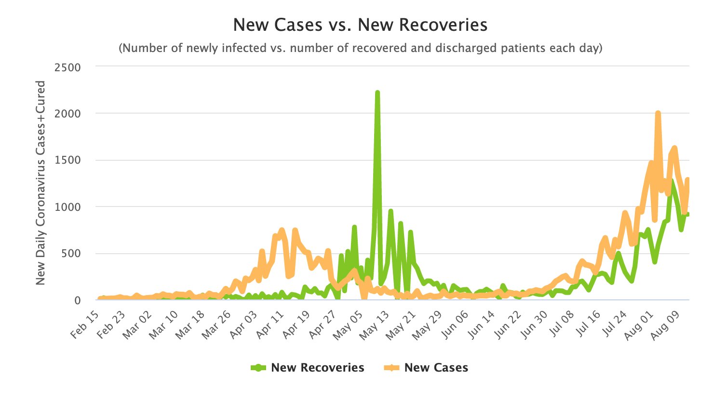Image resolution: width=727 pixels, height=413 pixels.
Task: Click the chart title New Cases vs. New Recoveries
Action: pyautogui.click(x=360, y=25)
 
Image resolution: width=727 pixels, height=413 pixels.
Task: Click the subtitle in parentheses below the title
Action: pyautogui.click(x=360, y=48)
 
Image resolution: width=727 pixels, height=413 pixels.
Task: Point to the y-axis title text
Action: pyautogui.click(x=40, y=182)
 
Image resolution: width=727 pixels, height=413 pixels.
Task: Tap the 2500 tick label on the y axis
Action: pyautogui.click(x=67, y=67)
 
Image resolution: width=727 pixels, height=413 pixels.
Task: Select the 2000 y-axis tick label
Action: pyautogui.click(x=67, y=114)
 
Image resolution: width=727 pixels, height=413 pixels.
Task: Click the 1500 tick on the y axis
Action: pyautogui.click(x=67, y=160)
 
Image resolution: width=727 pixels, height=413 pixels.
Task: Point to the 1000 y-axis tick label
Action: pyautogui.click(x=67, y=207)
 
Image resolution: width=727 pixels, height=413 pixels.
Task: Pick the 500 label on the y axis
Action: pyautogui.click(x=71, y=254)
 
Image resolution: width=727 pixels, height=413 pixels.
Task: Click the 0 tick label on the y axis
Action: pyautogui.click(x=77, y=300)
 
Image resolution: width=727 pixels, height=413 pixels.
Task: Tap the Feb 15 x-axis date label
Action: pyautogui.click(x=86, y=325)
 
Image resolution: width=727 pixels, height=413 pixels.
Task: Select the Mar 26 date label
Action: pyautogui.click(x=217, y=325)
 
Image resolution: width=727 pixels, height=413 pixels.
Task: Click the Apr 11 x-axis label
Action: pyautogui.click(x=269, y=325)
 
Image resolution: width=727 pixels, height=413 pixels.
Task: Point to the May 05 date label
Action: pyautogui.click(x=348, y=325)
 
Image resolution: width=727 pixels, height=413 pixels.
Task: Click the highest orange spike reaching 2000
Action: pyautogui.click(x=658, y=114)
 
